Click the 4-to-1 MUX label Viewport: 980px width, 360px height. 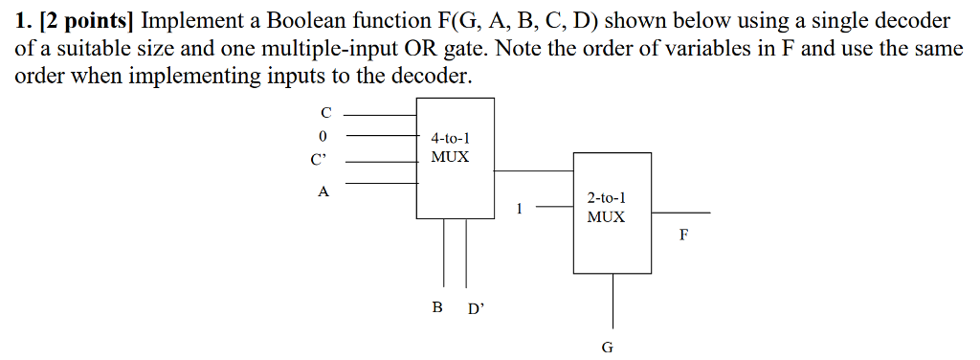point(450,147)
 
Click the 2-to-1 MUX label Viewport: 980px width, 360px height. point(606,208)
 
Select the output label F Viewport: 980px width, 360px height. point(683,234)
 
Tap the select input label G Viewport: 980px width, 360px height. point(608,347)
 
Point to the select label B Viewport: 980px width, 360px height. point(437,307)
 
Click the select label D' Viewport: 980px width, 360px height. point(476,309)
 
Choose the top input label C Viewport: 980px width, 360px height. point(324,114)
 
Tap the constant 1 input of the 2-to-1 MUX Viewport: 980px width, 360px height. point(519,207)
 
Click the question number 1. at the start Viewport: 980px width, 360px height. point(22,21)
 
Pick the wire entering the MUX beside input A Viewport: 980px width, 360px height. point(381,183)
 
